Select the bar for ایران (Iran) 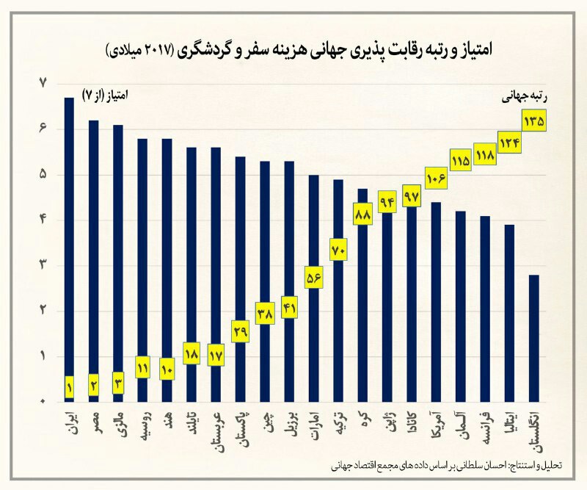[x=69, y=242]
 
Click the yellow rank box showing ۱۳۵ [x=533, y=120]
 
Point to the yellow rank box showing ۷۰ [x=338, y=250]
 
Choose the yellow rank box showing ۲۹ [x=240, y=332]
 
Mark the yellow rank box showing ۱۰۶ [x=436, y=178]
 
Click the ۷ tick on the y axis [x=43, y=84]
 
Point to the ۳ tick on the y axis [x=43, y=265]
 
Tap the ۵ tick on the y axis [x=43, y=175]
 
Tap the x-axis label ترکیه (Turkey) [x=338, y=425]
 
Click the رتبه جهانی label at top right [x=525, y=96]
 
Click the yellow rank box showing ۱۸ [x=191, y=353]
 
